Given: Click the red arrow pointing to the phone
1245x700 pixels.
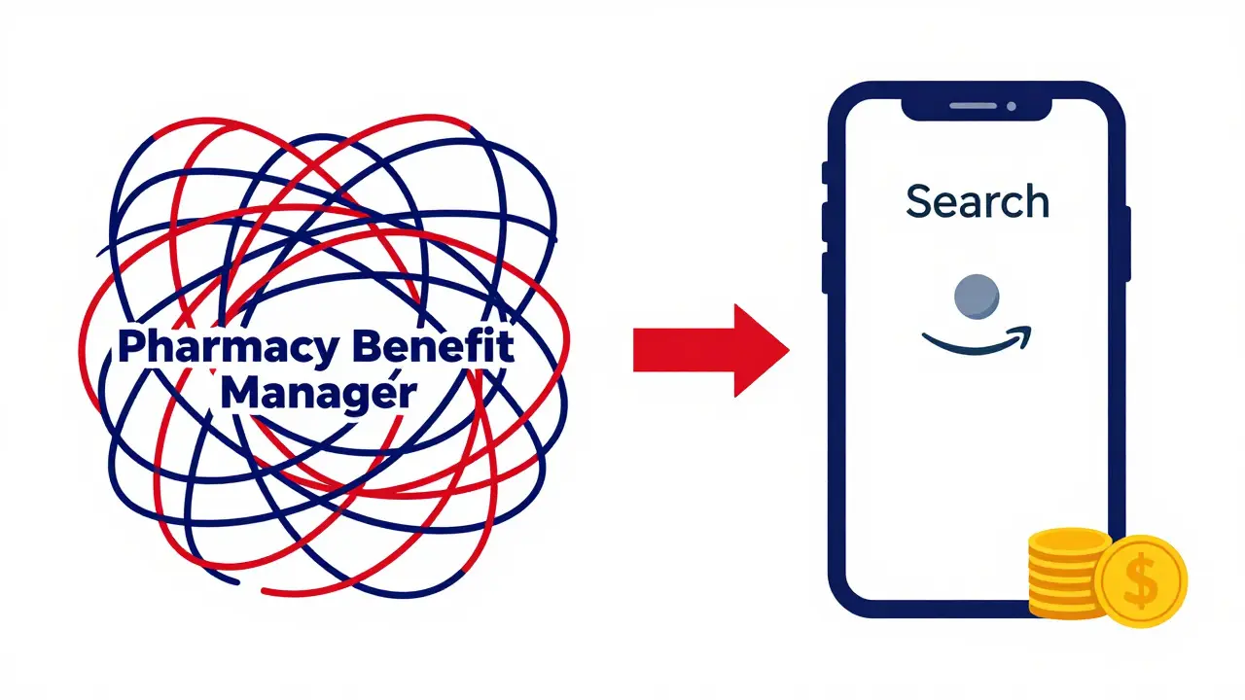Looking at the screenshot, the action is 711,350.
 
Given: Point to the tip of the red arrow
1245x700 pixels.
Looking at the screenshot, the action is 789,350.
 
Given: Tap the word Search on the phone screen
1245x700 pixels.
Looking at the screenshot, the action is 978,200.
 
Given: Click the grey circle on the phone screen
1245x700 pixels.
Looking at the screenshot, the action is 977,297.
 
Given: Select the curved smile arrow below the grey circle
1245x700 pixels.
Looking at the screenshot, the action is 977,340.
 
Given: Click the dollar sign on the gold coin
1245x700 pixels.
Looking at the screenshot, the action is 1141,580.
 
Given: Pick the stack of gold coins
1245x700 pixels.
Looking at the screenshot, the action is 1066,574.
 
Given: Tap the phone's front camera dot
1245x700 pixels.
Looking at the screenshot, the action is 1011,106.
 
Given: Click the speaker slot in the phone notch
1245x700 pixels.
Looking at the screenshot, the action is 973,106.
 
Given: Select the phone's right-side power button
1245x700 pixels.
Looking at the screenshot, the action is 1127,243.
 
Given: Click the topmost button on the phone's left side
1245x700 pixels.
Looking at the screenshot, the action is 826,173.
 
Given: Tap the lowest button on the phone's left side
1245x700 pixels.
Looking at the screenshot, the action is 826,272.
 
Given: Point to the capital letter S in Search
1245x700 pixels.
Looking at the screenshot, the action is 919,201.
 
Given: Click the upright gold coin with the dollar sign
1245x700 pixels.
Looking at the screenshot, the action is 1142,581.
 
